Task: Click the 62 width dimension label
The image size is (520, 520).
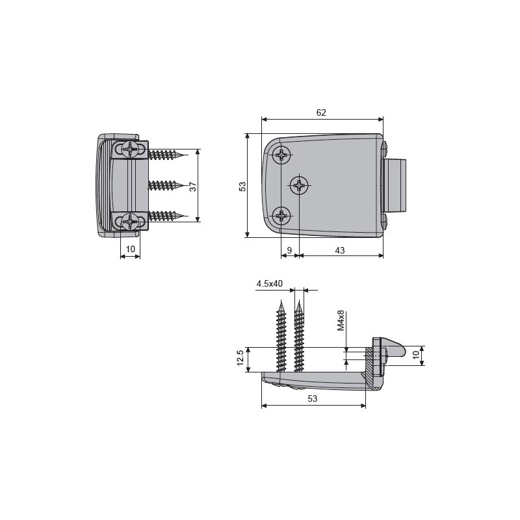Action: pos(321,112)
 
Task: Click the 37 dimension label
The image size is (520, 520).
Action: pos(192,187)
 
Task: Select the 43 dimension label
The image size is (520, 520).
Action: pos(339,250)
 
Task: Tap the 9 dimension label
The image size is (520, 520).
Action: pos(289,250)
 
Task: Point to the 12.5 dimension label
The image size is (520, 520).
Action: pos(240,357)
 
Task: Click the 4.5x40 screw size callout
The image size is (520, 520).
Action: pos(269,283)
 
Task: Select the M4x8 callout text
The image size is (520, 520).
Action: pos(341,320)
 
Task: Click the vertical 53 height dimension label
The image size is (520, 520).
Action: pos(242,187)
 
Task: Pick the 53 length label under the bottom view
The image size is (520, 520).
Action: pos(313,398)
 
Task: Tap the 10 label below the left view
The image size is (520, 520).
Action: pos(131,249)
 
